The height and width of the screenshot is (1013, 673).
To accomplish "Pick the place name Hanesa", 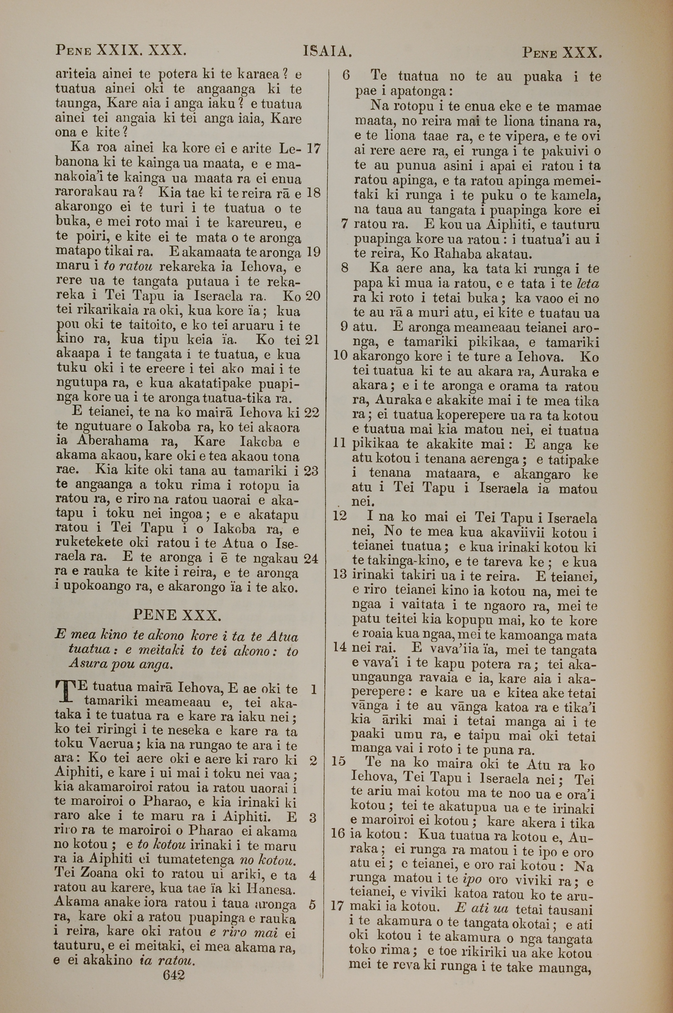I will (273, 888).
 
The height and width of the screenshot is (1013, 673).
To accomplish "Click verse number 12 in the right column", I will (340, 515).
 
